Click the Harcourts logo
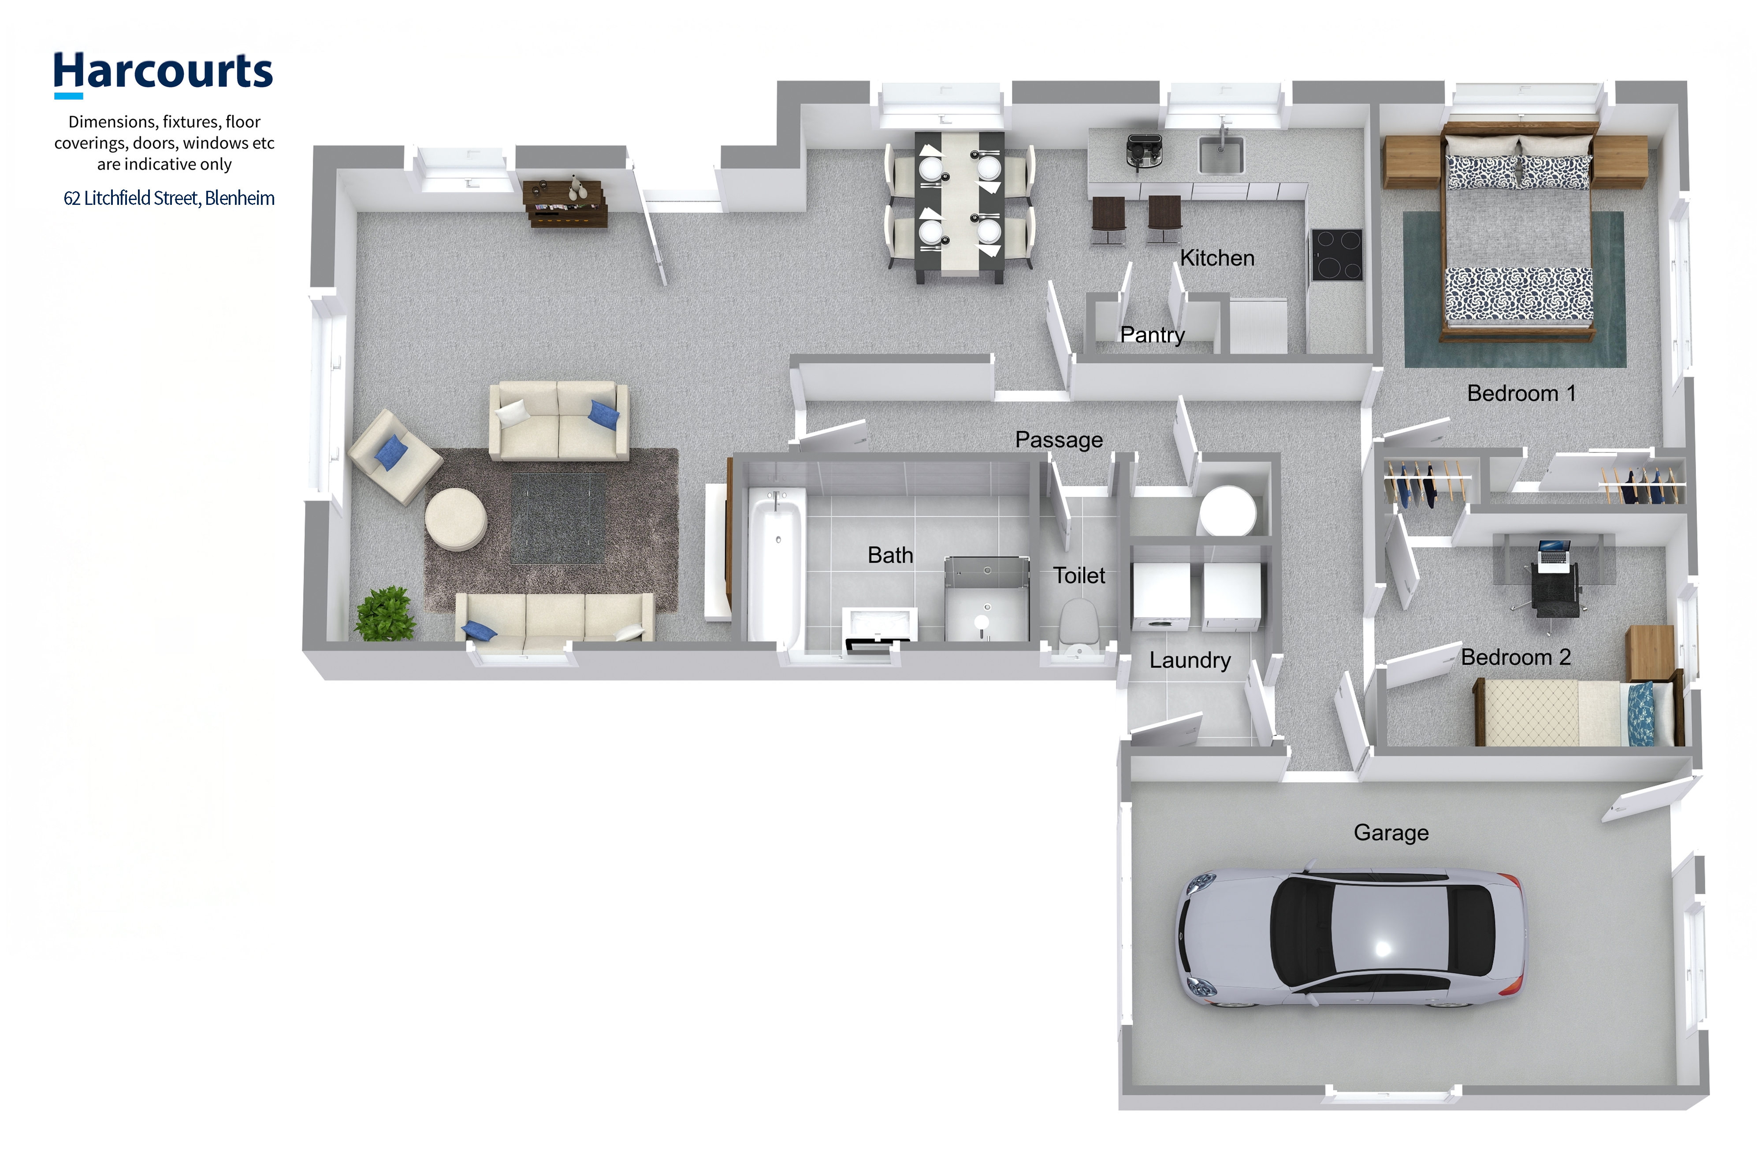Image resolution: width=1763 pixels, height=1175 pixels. [163, 74]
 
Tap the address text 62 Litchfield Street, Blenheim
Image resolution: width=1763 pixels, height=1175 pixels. [169, 198]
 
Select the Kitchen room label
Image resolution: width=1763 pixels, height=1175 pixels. [1216, 258]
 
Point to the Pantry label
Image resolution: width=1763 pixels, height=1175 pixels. [1152, 335]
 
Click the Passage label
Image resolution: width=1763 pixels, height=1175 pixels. [1058, 440]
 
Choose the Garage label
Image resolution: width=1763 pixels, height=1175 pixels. [1391, 833]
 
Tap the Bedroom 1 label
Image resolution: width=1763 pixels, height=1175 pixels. [1521, 393]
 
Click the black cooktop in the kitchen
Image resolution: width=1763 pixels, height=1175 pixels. [1336, 255]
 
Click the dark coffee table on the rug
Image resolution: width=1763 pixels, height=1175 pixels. [557, 518]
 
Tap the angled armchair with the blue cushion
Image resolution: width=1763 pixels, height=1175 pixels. [395, 456]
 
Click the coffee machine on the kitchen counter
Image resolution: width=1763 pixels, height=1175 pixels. [1144, 152]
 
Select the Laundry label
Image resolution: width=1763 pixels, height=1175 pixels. [1190, 660]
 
